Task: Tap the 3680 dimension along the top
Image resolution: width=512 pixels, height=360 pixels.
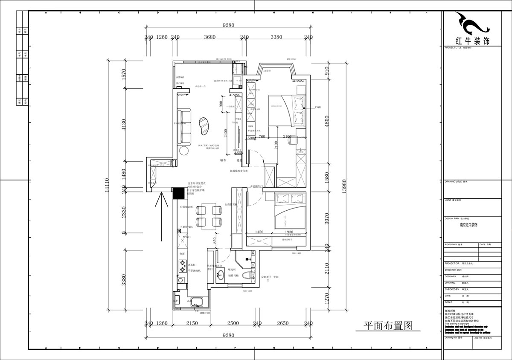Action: tap(209, 37)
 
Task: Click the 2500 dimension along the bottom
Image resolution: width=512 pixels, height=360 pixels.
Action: tap(233, 324)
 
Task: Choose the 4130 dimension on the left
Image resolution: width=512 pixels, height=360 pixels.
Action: tap(124, 125)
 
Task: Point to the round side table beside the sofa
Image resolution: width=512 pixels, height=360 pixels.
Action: tap(184, 151)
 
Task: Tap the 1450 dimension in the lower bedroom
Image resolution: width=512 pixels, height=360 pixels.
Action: tap(259, 232)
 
